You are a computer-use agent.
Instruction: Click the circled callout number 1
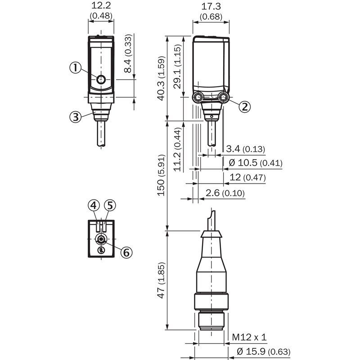click(x=75, y=68)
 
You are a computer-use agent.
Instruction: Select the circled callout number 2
click(x=244, y=107)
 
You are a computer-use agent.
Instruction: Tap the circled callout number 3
click(x=75, y=117)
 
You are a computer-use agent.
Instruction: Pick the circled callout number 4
click(x=94, y=205)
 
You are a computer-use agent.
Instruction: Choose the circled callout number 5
click(x=110, y=205)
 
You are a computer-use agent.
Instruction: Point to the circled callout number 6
click(x=126, y=252)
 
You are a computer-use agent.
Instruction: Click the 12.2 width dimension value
click(x=101, y=5)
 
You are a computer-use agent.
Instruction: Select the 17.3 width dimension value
click(x=211, y=6)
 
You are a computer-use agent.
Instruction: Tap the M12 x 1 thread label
click(x=249, y=337)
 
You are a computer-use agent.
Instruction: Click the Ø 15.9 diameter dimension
click(x=264, y=351)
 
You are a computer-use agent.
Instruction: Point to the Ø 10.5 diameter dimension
click(x=256, y=163)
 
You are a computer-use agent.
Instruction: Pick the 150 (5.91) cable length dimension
click(x=161, y=175)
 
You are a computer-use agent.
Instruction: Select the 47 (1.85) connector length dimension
click(x=161, y=280)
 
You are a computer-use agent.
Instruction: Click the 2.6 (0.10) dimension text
click(x=225, y=193)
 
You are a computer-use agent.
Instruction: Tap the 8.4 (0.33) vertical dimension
click(x=128, y=54)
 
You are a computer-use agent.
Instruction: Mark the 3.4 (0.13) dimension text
click(x=245, y=149)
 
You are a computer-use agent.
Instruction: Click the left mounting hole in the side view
click(x=198, y=98)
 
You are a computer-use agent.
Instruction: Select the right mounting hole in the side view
click(x=223, y=98)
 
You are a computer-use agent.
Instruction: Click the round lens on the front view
click(x=101, y=80)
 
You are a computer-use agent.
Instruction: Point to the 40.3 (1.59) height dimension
click(x=161, y=78)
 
